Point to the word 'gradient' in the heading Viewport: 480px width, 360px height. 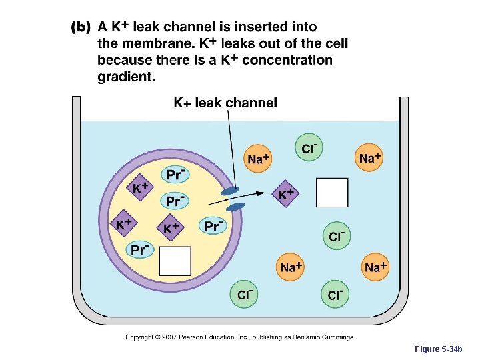point(125,77)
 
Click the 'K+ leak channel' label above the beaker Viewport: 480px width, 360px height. point(225,103)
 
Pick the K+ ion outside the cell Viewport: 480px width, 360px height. point(286,194)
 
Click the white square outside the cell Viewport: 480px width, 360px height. point(331,193)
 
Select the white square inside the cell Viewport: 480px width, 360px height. point(175,261)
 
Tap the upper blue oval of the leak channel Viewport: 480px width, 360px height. point(229,191)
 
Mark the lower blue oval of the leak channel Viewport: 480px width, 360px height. point(237,206)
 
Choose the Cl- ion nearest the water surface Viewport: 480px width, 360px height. point(309,148)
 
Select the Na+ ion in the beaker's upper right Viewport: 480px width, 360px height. point(369,158)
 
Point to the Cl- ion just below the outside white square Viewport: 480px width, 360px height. point(336,236)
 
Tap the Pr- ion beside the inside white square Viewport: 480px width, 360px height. point(139,249)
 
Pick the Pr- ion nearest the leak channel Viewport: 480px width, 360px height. point(213,226)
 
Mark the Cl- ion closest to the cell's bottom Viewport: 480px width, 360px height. point(245,294)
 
